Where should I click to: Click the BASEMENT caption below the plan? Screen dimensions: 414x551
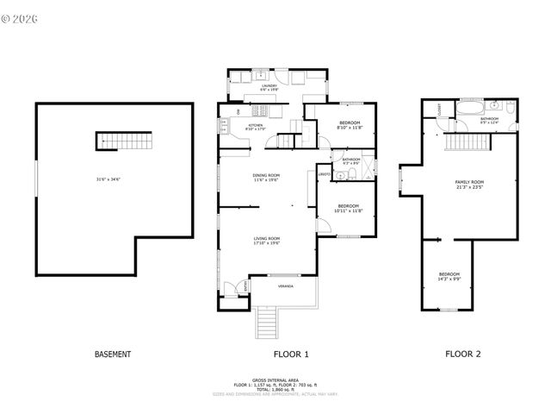click(112, 354)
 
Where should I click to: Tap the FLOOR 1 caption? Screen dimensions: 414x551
click(291, 354)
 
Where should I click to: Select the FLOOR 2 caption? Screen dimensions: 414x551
click(462, 354)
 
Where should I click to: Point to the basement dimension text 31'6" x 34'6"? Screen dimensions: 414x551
click(108, 179)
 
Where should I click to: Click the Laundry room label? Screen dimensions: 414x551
click(269, 87)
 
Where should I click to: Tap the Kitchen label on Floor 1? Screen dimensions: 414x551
click(256, 127)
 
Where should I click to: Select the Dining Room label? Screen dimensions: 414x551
click(266, 178)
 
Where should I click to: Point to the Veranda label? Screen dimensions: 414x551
click(285, 285)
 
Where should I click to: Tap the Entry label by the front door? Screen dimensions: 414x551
click(245, 285)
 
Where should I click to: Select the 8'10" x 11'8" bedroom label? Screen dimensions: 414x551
click(349, 125)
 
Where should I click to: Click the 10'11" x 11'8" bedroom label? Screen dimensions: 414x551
click(348, 208)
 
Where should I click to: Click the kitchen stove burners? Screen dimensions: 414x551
click(257, 110)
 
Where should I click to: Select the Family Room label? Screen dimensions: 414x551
click(469, 185)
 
